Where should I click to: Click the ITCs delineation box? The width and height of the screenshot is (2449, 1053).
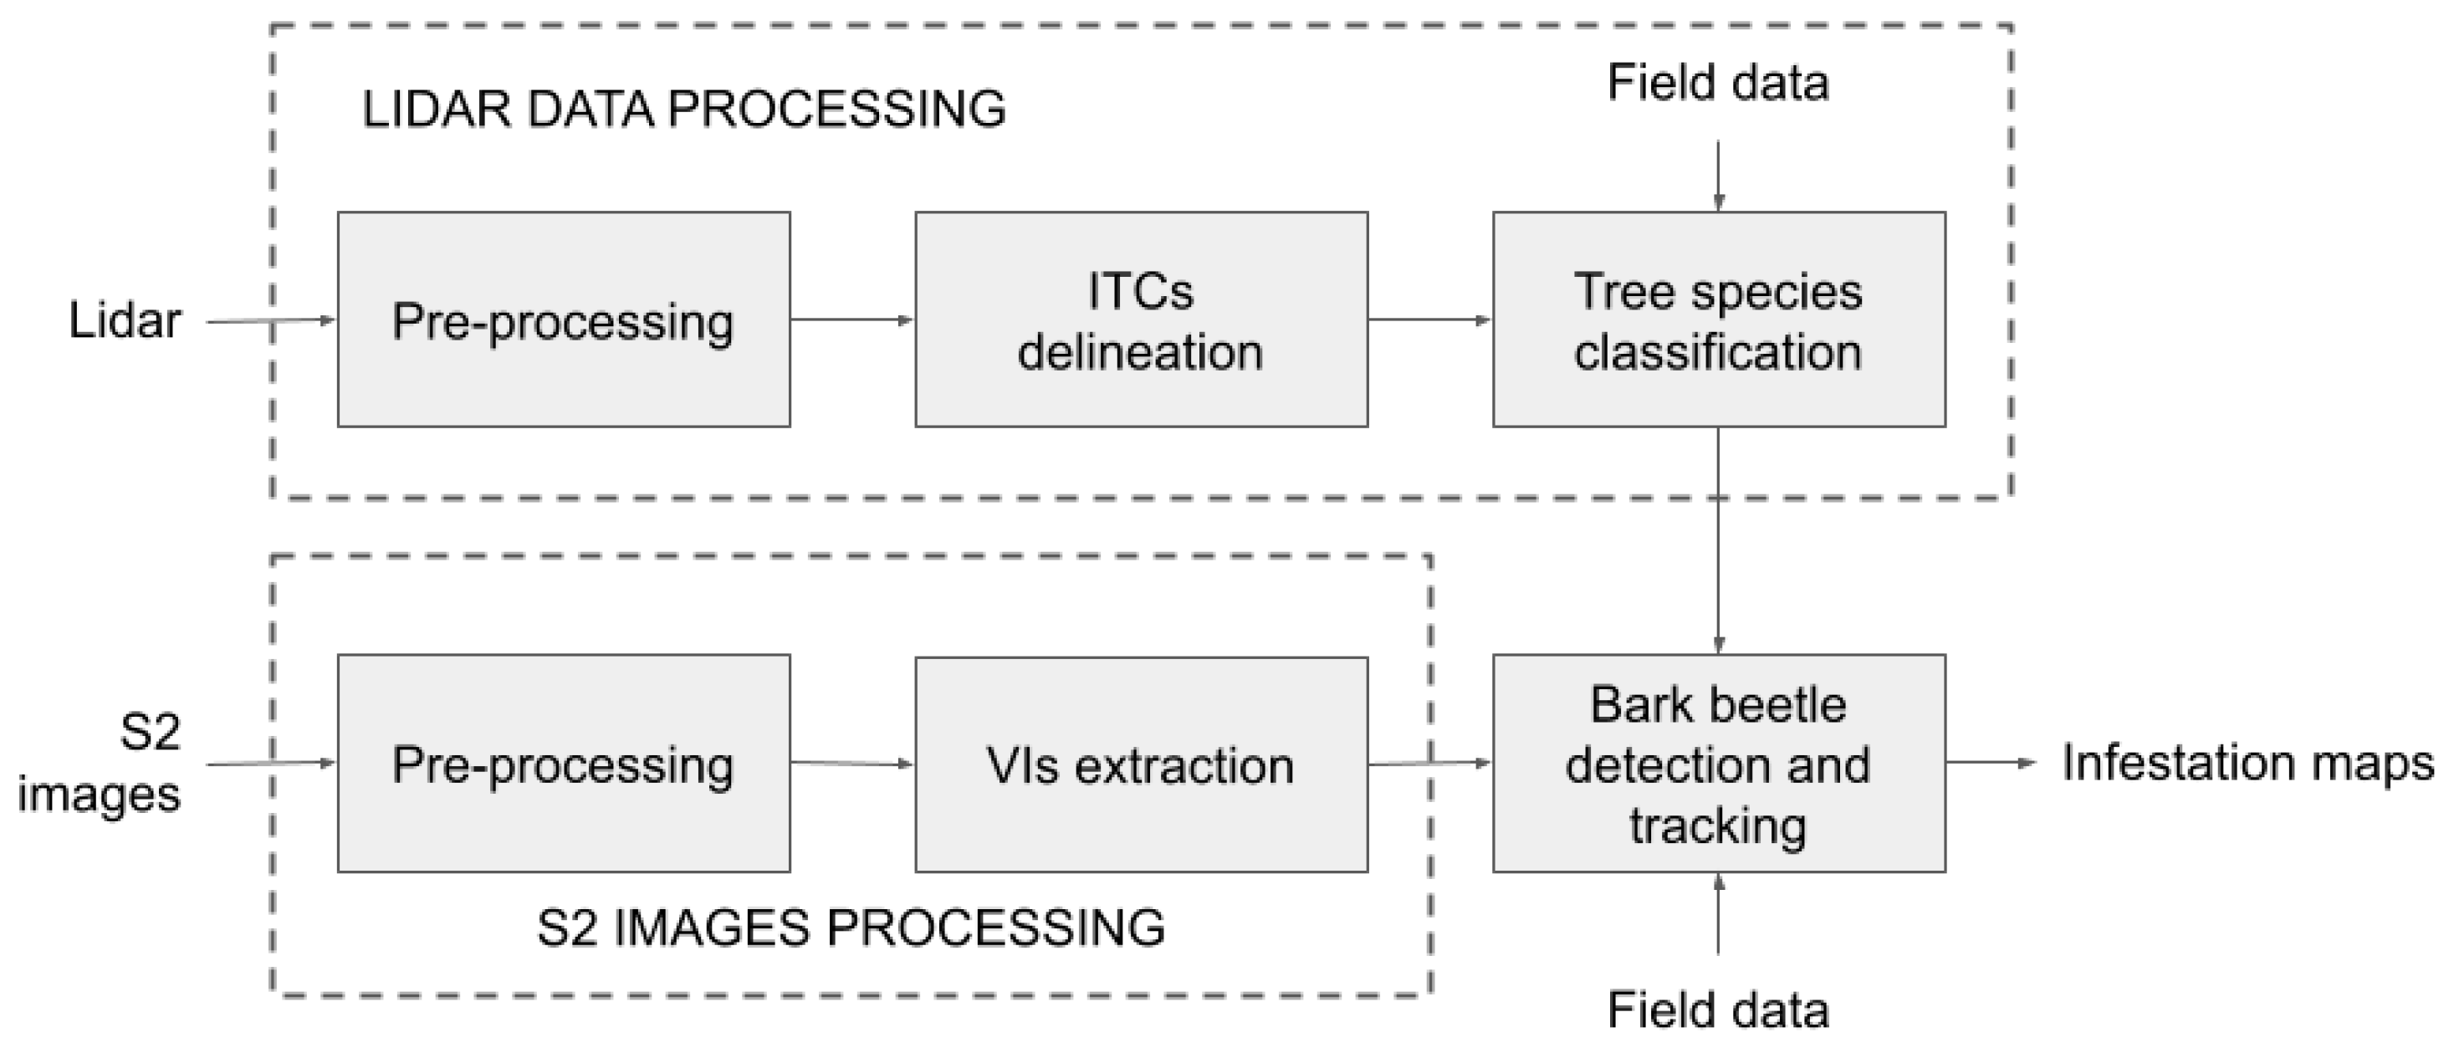point(1141,319)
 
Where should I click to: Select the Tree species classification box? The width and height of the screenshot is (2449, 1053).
point(1718,319)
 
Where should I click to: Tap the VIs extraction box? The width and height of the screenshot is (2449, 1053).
point(1141,764)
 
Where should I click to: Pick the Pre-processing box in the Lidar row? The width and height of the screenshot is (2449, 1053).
point(564,319)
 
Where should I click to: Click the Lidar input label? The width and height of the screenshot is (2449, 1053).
point(125,320)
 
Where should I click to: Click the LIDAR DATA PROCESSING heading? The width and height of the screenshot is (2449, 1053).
point(683,110)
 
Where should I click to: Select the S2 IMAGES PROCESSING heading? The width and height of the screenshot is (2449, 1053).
point(851,928)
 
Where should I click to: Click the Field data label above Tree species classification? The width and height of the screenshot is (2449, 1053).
point(1718,83)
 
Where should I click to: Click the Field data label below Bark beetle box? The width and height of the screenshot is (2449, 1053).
point(1718,1010)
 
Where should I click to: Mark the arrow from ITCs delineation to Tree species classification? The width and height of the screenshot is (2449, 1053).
point(1429,319)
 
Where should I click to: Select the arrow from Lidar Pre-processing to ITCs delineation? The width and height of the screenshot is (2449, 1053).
point(851,319)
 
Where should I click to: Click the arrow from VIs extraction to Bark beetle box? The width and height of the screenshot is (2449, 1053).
point(1429,763)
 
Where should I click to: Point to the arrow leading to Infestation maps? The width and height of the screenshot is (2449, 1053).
point(1991,762)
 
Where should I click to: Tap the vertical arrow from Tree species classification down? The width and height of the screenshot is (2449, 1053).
point(1718,542)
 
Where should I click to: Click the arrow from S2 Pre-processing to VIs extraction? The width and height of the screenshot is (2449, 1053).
point(851,762)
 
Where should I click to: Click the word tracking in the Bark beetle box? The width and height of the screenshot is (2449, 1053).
point(1718,825)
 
